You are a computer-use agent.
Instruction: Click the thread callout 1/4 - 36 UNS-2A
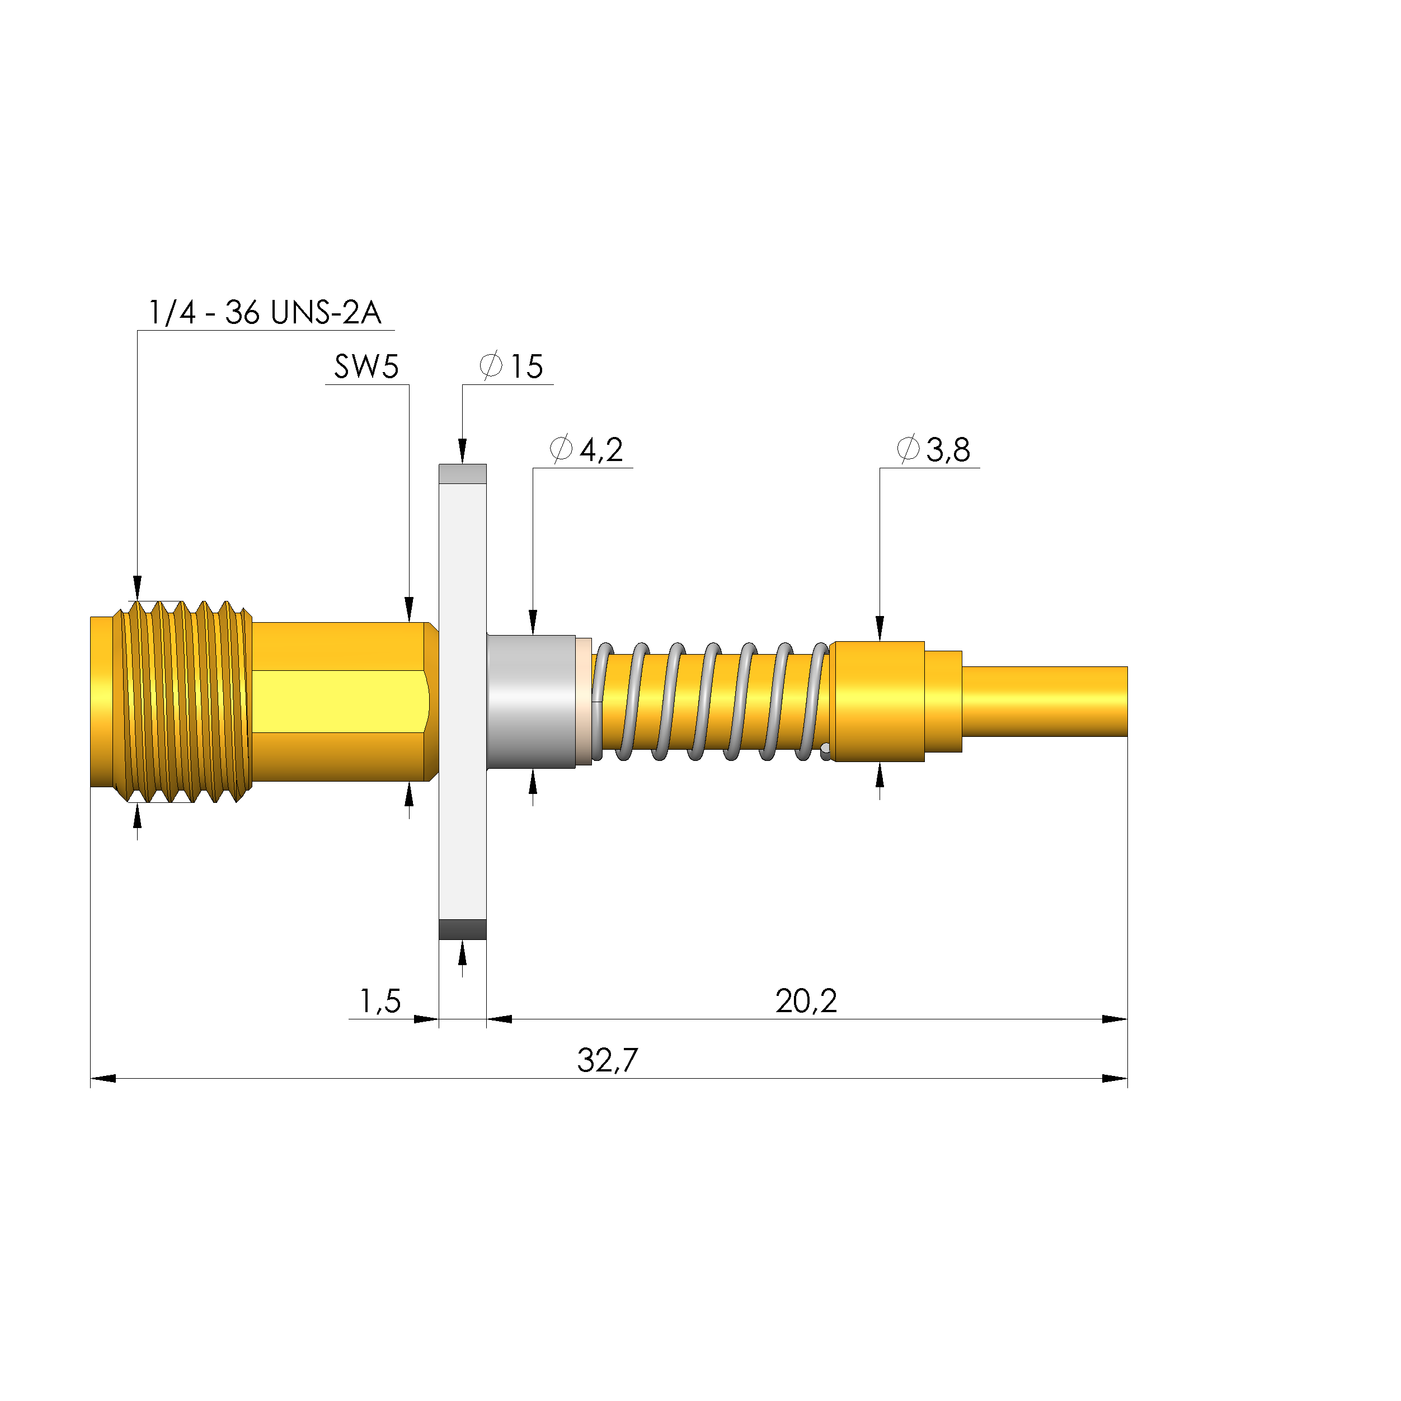tap(264, 313)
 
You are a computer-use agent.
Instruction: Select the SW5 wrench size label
tap(366, 367)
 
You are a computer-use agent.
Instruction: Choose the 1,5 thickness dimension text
tap(380, 1001)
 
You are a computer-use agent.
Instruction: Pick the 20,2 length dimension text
tap(806, 1001)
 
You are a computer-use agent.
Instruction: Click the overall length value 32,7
tap(607, 1060)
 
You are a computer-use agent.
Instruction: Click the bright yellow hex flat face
tap(337, 701)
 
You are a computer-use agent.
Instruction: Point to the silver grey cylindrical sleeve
tap(531, 701)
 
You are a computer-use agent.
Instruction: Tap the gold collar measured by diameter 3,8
tap(877, 701)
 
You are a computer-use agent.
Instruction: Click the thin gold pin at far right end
tap(1044, 701)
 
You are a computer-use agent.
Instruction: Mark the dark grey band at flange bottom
tap(462, 929)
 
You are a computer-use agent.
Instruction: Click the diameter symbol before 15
tap(491, 365)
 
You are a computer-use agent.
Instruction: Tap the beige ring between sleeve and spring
tap(584, 701)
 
